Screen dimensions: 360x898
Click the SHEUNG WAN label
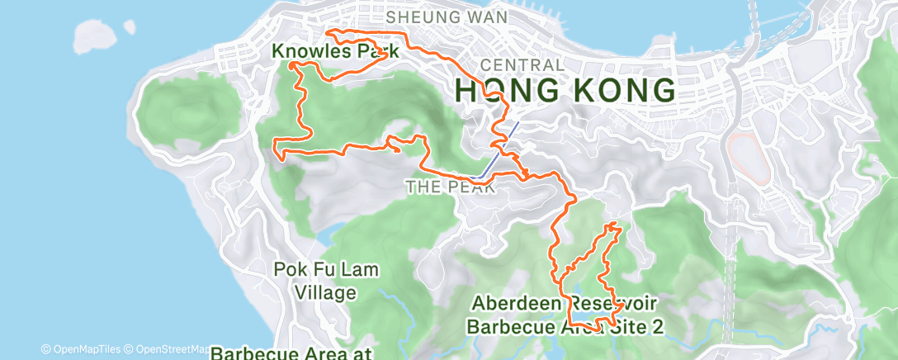pyautogui.click(x=446, y=17)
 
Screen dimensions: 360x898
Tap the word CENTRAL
pyautogui.click(x=521, y=64)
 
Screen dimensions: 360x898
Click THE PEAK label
pyautogui.click(x=450, y=187)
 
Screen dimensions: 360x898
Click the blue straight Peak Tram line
pyautogui.click(x=499, y=149)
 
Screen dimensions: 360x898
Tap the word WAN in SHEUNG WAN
pyautogui.click(x=488, y=17)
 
